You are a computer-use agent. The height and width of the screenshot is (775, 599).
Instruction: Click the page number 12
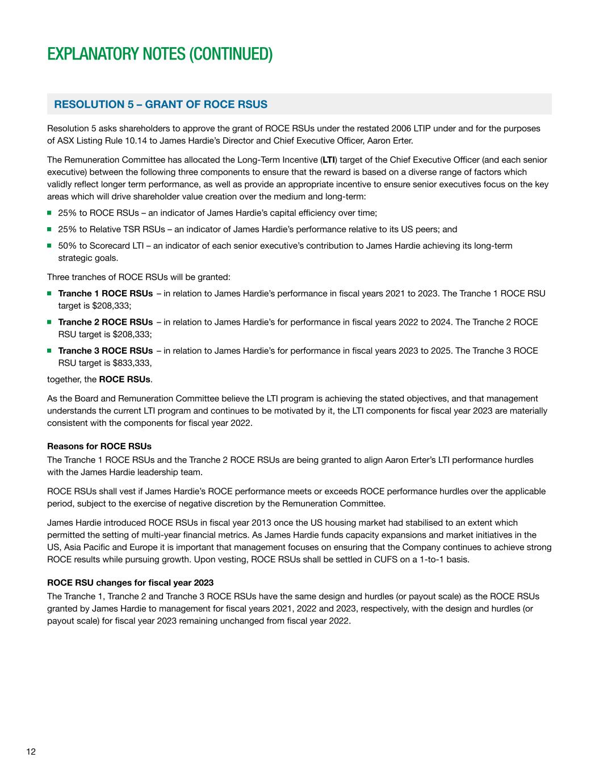tap(31, 752)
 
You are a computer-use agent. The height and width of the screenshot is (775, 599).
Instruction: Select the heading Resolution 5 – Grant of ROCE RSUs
tap(160, 104)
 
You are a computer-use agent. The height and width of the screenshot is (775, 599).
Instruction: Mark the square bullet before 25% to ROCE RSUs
tap(50, 213)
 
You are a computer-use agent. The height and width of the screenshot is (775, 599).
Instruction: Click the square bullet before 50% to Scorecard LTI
tap(50, 246)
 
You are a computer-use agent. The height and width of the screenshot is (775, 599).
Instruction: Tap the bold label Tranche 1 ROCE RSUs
tap(105, 294)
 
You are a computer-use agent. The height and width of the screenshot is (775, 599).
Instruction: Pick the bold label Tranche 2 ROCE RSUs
tap(105, 322)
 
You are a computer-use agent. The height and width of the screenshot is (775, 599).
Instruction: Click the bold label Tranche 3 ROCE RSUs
tap(105, 350)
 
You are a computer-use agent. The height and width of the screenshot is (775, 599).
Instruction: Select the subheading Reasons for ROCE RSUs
tap(99, 446)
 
